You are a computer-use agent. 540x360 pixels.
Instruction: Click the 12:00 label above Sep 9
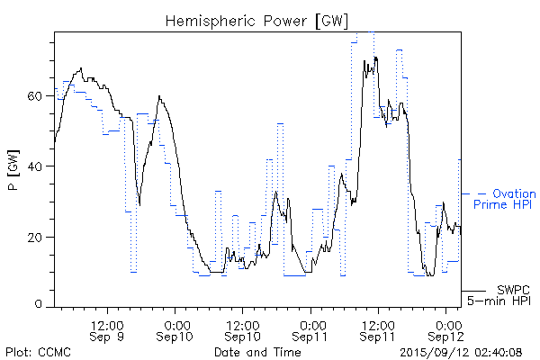107,323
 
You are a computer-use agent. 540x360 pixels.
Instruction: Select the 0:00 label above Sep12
447,323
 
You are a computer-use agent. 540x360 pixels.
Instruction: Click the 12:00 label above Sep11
379,323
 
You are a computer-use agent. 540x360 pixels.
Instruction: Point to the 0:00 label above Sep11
311,323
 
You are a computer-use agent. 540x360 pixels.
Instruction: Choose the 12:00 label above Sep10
243,323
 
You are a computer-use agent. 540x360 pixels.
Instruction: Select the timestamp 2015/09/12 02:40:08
460,350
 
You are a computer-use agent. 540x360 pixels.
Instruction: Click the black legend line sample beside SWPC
474,291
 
